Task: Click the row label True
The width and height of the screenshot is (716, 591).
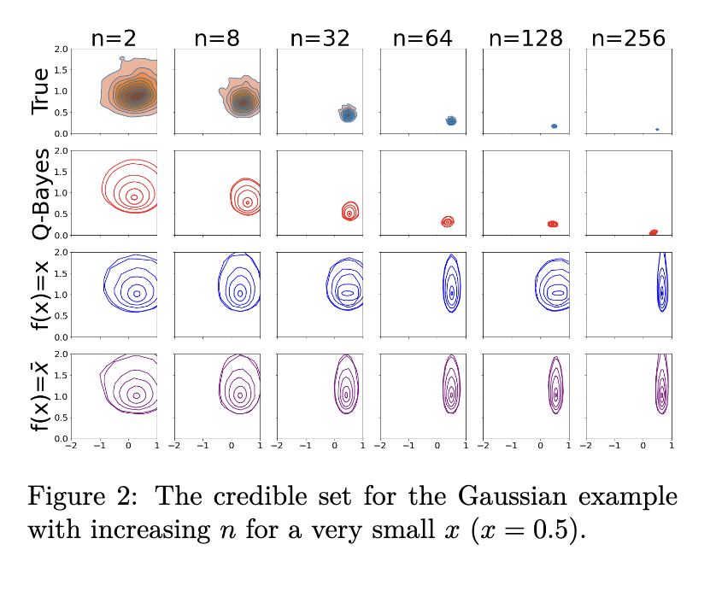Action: pyautogui.click(x=39, y=91)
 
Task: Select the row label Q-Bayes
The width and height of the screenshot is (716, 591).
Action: pyautogui.click(x=39, y=193)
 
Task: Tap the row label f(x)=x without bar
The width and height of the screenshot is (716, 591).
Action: pyautogui.click(x=39, y=295)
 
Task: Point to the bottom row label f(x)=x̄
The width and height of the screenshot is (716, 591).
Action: pyautogui.click(x=39, y=395)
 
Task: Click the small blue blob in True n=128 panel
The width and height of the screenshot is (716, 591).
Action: pyautogui.click(x=554, y=126)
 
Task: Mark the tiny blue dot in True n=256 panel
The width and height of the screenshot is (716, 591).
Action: pyautogui.click(x=657, y=130)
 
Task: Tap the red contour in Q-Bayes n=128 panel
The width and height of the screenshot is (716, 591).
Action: pyautogui.click(x=553, y=224)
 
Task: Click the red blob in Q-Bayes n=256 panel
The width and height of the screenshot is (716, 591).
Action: pyautogui.click(x=654, y=232)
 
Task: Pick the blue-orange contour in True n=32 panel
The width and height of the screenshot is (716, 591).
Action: pyautogui.click(x=347, y=114)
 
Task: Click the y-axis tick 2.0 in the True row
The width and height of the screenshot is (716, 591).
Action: pyautogui.click(x=61, y=49)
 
